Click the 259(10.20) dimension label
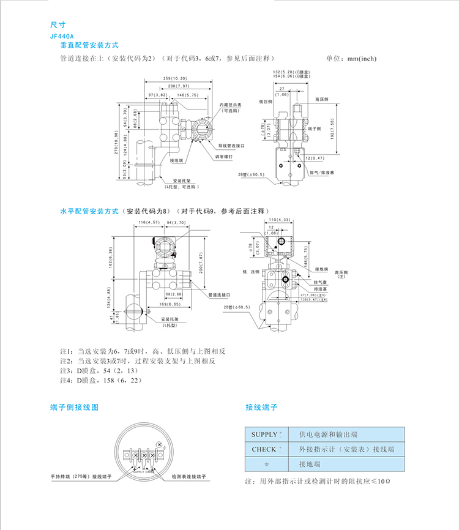tap(176, 79)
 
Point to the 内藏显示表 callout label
tap(231, 106)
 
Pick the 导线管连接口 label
tap(232, 146)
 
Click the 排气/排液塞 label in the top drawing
tap(322, 173)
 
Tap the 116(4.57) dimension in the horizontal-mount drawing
tap(149, 222)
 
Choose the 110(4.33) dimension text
tap(279, 219)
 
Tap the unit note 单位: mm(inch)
tap(351, 59)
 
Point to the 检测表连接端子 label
tap(187, 476)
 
